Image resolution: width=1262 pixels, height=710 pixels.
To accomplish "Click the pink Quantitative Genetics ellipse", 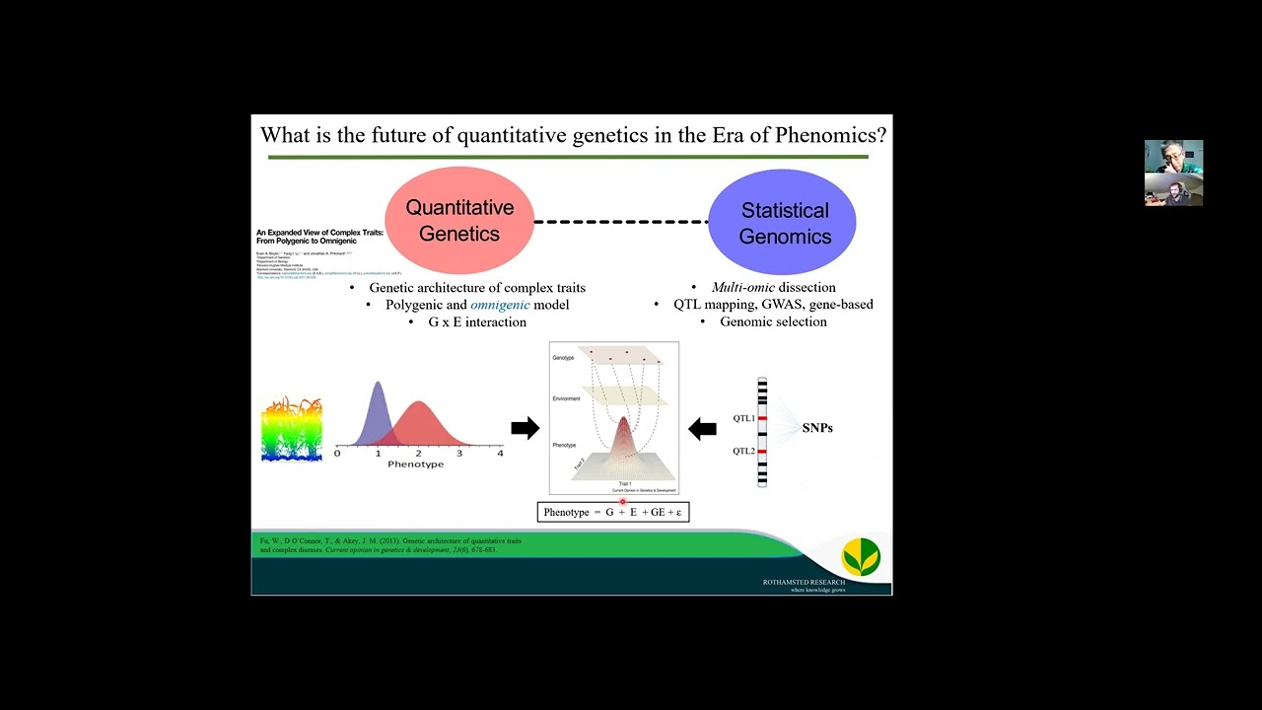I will click(x=459, y=221).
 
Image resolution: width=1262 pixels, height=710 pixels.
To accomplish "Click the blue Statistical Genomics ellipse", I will click(x=784, y=223).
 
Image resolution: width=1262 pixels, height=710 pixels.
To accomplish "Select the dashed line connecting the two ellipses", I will click(x=621, y=222).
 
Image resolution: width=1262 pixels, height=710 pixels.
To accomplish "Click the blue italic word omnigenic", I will click(x=500, y=305).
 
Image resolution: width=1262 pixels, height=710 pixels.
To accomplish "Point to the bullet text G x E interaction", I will click(x=476, y=321).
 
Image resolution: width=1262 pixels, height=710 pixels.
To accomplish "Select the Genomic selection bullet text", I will click(x=773, y=321).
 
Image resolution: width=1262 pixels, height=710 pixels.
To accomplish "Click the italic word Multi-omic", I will click(x=743, y=287).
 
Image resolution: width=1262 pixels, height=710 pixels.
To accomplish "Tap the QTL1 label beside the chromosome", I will click(x=743, y=419).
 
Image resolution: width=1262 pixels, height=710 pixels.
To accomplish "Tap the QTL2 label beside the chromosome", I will click(x=743, y=452).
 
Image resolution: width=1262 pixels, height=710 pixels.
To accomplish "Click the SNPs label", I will click(x=817, y=428).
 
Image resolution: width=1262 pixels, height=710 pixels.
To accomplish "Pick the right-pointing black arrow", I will click(x=525, y=428).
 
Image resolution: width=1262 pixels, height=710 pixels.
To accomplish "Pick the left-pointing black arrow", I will click(x=702, y=429).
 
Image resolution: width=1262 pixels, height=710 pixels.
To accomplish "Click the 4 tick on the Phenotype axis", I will click(x=500, y=453).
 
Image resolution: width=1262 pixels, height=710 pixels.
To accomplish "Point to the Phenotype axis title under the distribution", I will click(x=415, y=464).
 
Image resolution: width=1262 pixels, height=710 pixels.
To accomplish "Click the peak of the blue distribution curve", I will click(x=378, y=385).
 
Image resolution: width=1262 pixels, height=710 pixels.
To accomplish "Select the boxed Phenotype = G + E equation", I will click(x=612, y=512).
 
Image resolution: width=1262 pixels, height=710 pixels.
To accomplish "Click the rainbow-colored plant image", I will click(x=292, y=430).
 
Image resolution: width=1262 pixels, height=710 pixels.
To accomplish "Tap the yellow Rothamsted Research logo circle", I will click(x=861, y=557).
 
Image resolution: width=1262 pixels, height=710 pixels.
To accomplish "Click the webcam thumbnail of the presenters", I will click(x=1173, y=173).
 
